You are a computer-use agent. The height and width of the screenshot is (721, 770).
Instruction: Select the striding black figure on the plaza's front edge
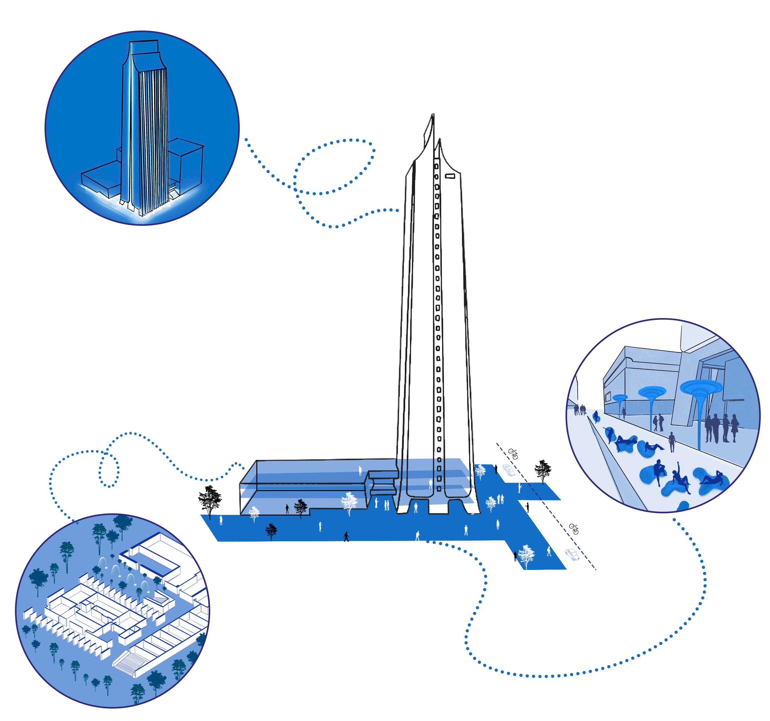coord(346,536)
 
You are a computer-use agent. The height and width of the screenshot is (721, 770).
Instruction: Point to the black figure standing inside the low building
coord(287,509)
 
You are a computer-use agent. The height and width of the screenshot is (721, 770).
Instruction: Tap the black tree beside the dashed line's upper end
coord(543,471)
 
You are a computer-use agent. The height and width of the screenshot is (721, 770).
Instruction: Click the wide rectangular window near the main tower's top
coord(450,176)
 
